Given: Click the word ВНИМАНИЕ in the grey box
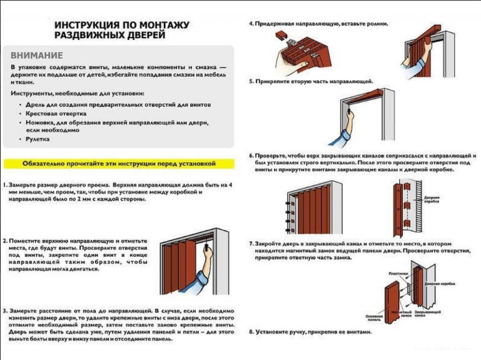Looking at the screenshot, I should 37,55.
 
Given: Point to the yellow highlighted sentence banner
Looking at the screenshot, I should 119,164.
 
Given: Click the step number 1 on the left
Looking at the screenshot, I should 4,186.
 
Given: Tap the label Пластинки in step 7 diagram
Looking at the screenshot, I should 398,273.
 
